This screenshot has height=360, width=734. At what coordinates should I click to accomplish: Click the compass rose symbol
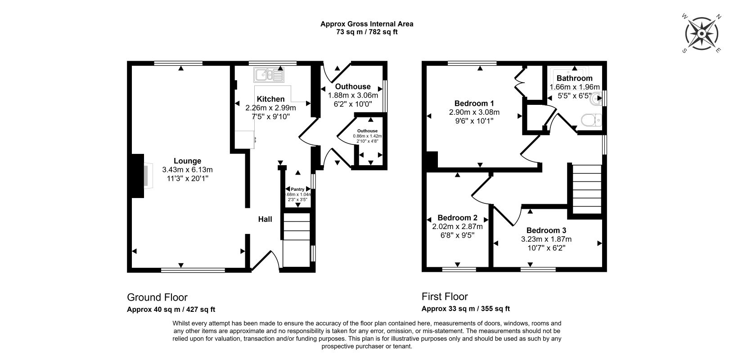coord(702,34)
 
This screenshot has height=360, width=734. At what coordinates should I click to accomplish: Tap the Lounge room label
coord(187,161)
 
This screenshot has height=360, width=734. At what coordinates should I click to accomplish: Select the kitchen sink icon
coord(269,75)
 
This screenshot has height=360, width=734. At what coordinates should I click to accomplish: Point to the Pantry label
coord(297,189)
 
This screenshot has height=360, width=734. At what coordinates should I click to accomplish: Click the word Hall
coord(265,219)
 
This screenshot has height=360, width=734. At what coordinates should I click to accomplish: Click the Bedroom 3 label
coord(546,230)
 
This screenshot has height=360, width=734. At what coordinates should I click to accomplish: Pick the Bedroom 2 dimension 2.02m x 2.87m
coord(457,226)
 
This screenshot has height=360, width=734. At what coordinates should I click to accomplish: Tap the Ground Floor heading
coord(157,297)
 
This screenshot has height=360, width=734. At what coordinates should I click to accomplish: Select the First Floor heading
coord(445,297)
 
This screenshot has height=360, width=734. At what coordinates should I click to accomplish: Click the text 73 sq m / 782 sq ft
coord(367,32)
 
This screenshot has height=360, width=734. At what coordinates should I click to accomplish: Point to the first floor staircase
coord(586,189)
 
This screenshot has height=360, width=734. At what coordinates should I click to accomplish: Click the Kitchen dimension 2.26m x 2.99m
coord(270,108)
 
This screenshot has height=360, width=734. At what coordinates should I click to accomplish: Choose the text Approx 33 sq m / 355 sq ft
coord(465,309)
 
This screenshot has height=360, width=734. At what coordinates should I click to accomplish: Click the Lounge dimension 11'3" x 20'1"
coord(187,179)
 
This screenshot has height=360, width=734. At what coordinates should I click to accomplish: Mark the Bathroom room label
coord(574,78)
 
